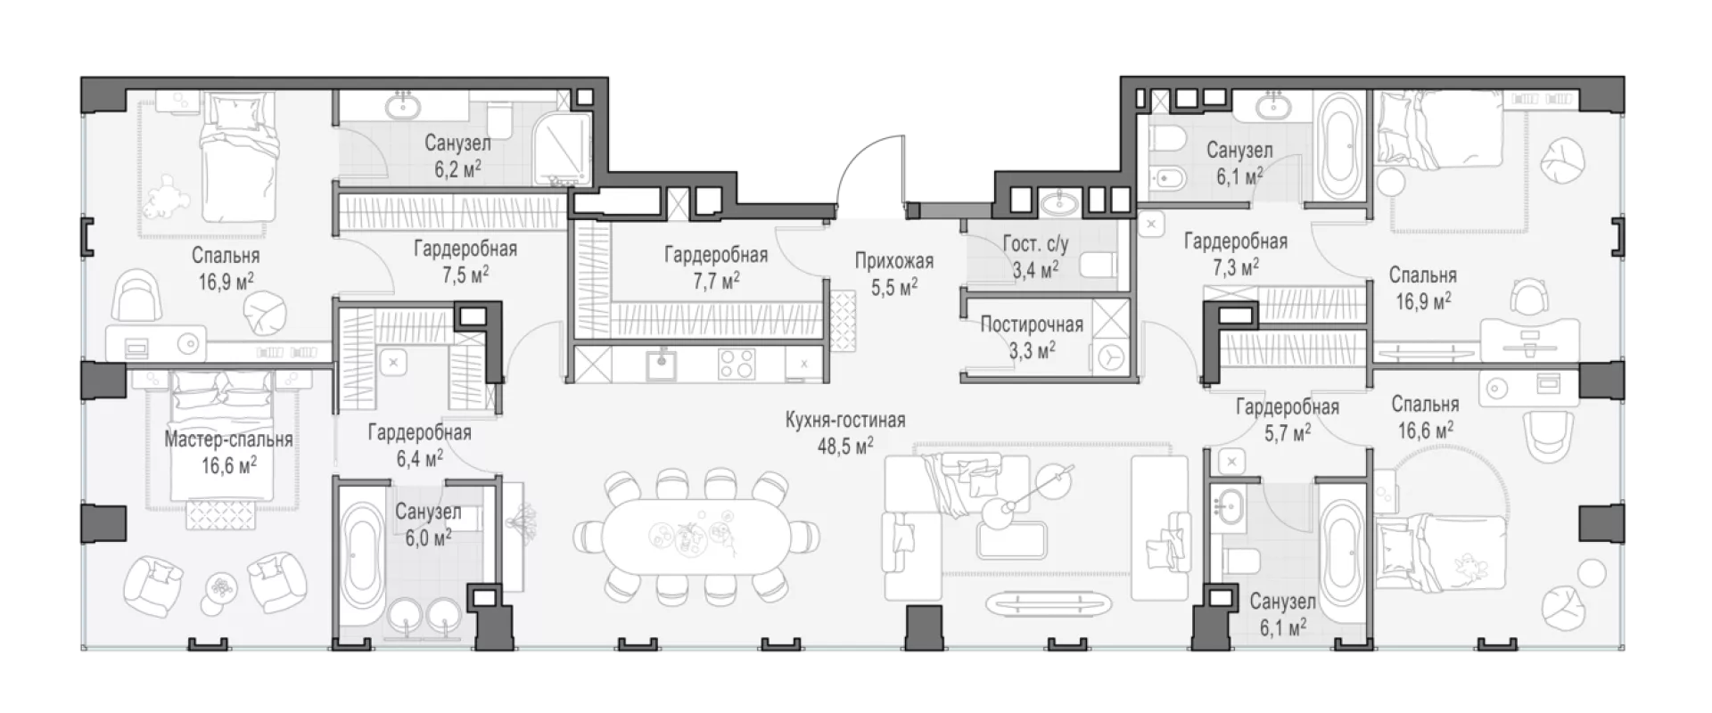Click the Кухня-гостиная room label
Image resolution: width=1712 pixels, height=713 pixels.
tap(845, 420)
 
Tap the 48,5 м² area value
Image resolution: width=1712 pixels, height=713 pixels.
tap(845, 445)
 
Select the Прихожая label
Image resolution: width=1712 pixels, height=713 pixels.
tap(893, 261)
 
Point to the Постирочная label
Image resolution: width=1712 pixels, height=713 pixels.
tap(1032, 324)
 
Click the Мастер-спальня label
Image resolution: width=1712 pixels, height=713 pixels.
tap(228, 439)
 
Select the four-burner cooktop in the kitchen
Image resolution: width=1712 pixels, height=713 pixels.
tap(737, 363)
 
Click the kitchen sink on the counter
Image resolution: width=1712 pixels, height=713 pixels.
tap(660, 363)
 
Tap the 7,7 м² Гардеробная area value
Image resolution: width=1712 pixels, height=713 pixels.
tap(715, 281)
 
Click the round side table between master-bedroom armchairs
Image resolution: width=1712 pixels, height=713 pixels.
tap(218, 587)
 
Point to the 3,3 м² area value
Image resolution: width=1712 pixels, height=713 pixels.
tap(1032, 349)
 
